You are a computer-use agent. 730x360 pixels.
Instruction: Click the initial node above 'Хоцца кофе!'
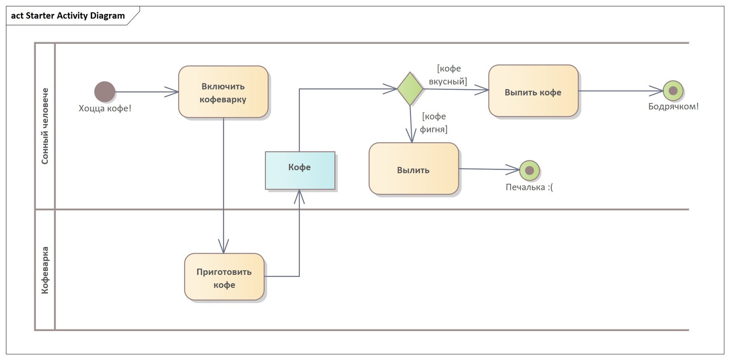pyautogui.click(x=105, y=92)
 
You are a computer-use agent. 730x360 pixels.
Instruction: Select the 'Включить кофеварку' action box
pyautogui.click(x=223, y=92)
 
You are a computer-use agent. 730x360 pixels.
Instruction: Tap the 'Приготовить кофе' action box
pyautogui.click(x=224, y=277)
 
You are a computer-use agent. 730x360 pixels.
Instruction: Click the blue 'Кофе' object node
pyautogui.click(x=300, y=170)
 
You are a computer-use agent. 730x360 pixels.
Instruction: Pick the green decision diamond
pyautogui.click(x=410, y=89)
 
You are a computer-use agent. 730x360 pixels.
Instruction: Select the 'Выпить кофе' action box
pyautogui.click(x=533, y=91)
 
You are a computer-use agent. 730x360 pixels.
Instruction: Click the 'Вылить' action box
pyautogui.click(x=413, y=169)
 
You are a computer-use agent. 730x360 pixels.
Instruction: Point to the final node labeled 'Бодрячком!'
pyautogui.click(x=673, y=91)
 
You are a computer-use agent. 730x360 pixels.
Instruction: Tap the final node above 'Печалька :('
pyautogui.click(x=529, y=170)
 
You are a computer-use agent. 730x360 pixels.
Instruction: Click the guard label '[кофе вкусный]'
pyautogui.click(x=448, y=75)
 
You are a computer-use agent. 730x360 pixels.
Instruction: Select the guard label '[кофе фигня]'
pyautogui.click(x=433, y=123)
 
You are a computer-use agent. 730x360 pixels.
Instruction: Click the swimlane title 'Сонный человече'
pyautogui.click(x=45, y=126)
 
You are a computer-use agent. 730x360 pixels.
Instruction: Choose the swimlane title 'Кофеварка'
pyautogui.click(x=45, y=270)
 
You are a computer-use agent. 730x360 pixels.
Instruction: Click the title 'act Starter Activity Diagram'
pyautogui.click(x=68, y=16)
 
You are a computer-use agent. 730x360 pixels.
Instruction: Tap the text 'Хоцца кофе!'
pyautogui.click(x=105, y=108)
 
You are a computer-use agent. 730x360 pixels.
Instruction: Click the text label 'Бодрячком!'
pyautogui.click(x=673, y=107)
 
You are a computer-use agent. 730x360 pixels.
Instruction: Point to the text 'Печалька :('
pyautogui.click(x=529, y=187)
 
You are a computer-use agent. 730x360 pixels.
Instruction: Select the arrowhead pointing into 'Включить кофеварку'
pyautogui.click(x=173, y=92)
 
